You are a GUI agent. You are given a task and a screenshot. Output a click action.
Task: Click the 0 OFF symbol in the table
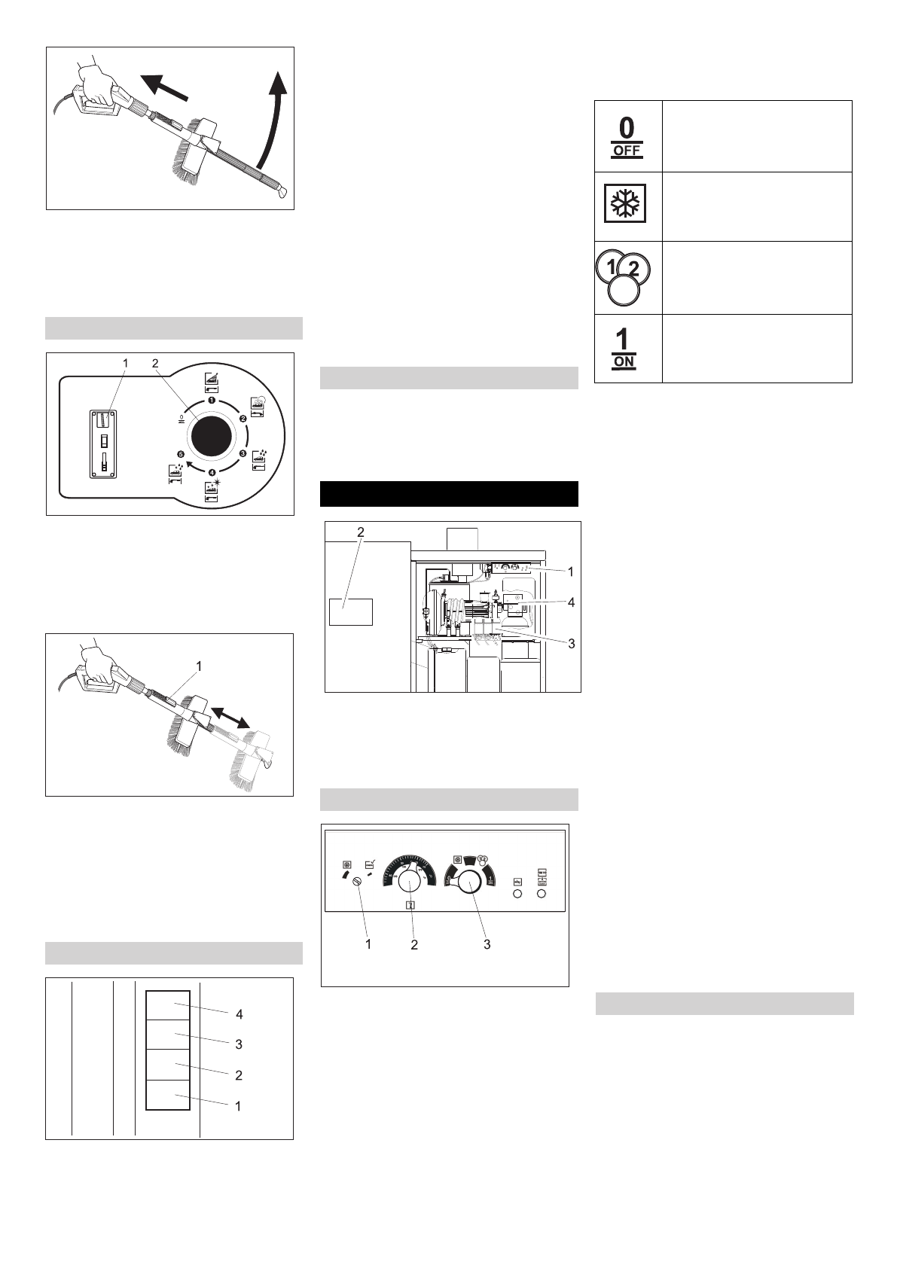(627, 136)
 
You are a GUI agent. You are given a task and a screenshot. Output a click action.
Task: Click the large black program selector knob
(212, 436)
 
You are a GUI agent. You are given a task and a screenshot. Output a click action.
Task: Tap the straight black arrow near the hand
(165, 86)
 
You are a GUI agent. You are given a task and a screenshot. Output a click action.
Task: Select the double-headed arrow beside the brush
(230, 717)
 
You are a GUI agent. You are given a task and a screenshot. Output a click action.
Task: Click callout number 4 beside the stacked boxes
(239, 1014)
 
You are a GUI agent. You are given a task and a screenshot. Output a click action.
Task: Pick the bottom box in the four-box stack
(167, 1095)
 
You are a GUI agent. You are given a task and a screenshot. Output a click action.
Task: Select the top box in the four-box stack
(167, 1005)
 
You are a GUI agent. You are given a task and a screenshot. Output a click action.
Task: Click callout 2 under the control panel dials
(414, 944)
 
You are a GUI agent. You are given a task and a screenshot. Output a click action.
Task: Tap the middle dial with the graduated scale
(410, 882)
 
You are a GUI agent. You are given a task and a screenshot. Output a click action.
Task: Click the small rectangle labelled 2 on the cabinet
(351, 611)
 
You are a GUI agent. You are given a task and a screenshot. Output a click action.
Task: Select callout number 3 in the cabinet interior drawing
(571, 644)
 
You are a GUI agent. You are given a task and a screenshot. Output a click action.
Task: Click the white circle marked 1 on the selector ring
(212, 401)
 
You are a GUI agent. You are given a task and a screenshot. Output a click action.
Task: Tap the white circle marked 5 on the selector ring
(180, 454)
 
